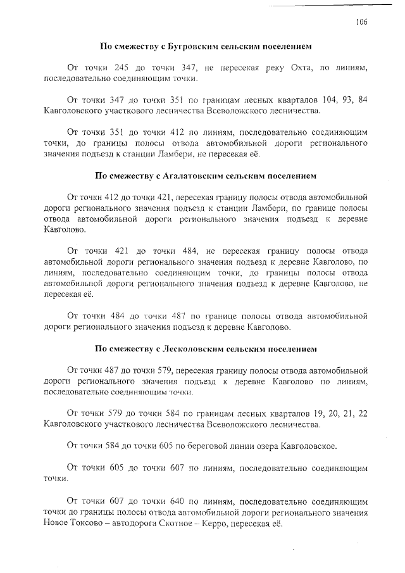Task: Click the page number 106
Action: point(361,22)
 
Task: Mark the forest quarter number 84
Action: point(361,100)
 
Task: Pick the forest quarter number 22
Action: point(362,413)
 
